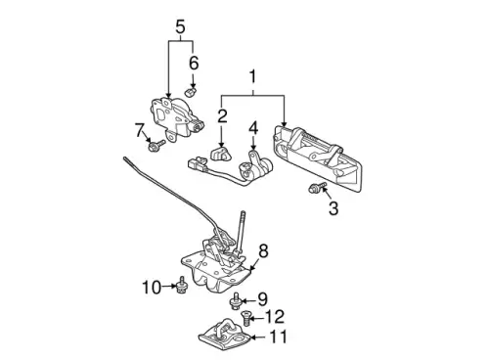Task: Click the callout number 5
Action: pos(180,26)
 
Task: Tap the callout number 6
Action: pos(194,63)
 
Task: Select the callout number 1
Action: pos(252,77)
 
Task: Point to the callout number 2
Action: pos(222,116)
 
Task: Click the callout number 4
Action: pos(253,128)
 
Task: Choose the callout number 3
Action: pos(333,208)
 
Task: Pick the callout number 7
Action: pos(140,130)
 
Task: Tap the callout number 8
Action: pos(263,251)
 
